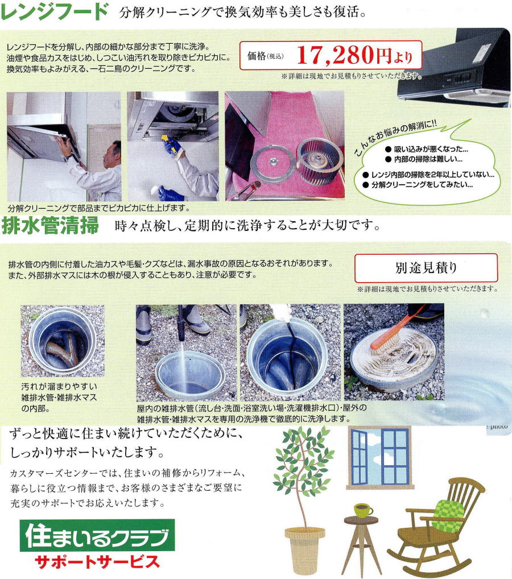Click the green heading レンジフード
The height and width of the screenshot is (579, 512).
pos(54,11)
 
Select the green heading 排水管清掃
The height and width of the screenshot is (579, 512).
pos(50,225)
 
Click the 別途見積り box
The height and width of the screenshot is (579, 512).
pos(426,268)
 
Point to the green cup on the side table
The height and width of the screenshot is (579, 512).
pos(363,510)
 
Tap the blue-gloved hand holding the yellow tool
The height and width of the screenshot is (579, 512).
pos(173,146)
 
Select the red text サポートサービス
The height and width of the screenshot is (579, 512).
pos(97,561)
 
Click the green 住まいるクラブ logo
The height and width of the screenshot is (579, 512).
pos(97,536)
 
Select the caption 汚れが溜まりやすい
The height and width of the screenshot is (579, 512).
pos(59,386)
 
